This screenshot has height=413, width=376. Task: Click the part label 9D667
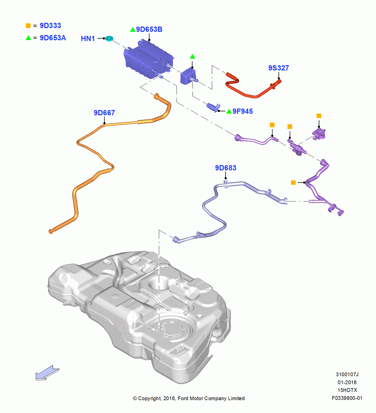coord(104,113)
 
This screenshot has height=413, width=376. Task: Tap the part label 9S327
coord(278,68)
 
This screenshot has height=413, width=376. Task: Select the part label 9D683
coord(226,168)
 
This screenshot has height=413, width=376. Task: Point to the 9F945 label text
coord(242,111)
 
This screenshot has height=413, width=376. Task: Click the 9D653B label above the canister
coord(149,29)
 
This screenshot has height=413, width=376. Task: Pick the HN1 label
coord(88,38)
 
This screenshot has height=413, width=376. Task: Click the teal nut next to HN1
coord(109,39)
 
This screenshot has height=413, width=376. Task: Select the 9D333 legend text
coord(50,26)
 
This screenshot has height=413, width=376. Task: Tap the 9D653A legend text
coord(53,38)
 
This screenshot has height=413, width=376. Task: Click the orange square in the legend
coord(28,26)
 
